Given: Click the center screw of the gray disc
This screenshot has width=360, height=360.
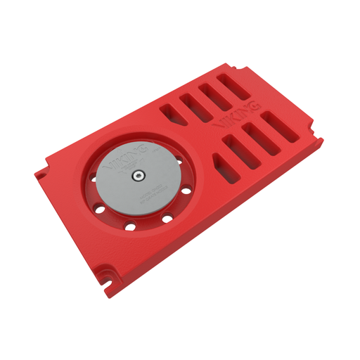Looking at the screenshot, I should coord(139,175).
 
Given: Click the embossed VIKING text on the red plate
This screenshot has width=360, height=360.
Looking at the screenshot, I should coord(236,117).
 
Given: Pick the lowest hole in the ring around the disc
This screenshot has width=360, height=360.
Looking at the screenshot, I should coord(130,226).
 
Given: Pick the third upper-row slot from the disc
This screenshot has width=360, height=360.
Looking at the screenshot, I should coord(214,95).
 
